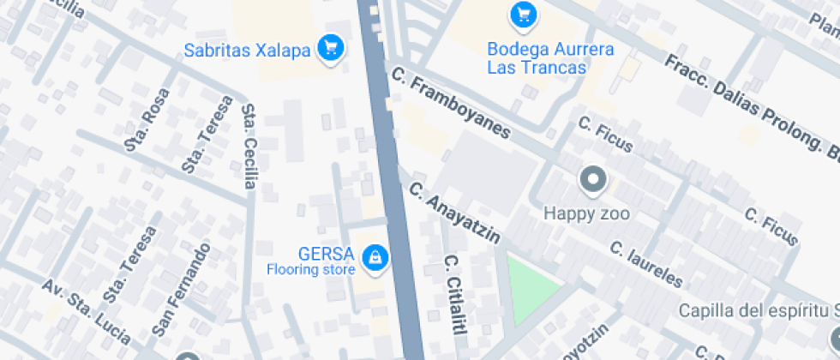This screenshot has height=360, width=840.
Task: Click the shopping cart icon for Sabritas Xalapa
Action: (330, 48)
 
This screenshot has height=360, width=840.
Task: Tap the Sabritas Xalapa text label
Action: (247, 50)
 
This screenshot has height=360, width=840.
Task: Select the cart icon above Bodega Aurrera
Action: (522, 14)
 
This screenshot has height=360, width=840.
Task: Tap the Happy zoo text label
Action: (586, 213)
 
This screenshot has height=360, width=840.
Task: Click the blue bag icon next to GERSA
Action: (374, 256)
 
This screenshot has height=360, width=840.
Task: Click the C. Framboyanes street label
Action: (449, 106)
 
